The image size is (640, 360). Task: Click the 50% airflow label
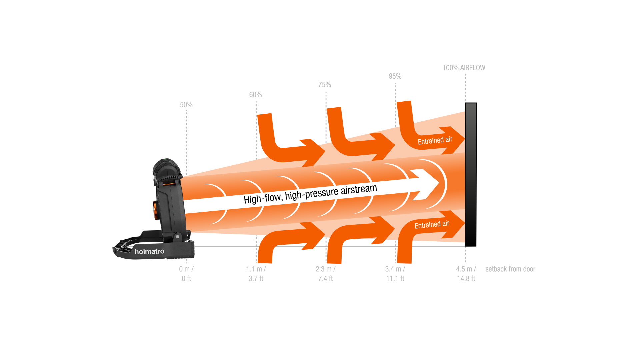pos(186,105)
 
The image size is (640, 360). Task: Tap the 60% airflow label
pos(255,95)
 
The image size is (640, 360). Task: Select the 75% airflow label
pos(324,85)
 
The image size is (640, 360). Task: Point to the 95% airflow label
pos(395,76)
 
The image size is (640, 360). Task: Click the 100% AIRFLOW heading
pos(464,68)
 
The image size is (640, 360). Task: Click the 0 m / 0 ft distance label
pos(186,274)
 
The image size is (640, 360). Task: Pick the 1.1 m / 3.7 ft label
pos(256,274)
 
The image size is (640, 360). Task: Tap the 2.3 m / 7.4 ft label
pos(325,274)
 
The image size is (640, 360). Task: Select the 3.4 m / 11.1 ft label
pos(395,274)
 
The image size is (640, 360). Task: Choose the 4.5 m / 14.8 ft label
pos(466,274)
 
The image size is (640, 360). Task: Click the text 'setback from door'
pos(510,269)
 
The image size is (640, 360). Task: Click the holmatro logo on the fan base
pos(149,251)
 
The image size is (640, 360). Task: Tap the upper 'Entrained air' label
pos(435,140)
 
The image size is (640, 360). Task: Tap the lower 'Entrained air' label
pos(432,225)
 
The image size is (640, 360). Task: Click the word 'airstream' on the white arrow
pos(359,190)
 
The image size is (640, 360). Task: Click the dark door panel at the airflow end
pos(470,173)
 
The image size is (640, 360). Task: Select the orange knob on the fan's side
pos(155,210)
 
